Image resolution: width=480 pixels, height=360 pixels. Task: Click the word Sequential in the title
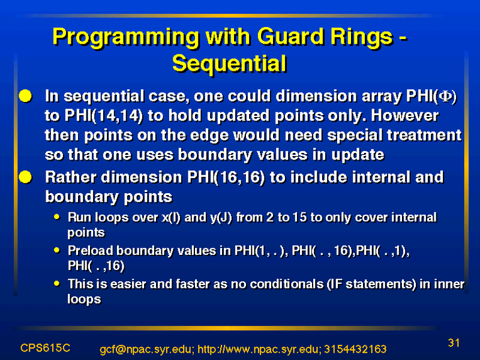(229, 64)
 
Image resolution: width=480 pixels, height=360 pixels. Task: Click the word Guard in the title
(290, 37)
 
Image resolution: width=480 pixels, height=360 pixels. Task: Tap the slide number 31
(454, 343)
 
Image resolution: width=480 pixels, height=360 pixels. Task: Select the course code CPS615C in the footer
(46, 348)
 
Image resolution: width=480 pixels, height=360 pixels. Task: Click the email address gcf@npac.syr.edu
(146, 349)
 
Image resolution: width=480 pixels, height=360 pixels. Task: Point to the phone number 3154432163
(355, 349)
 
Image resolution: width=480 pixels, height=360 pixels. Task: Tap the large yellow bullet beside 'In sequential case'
(25, 96)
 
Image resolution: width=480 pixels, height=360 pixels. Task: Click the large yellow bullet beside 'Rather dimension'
(25, 177)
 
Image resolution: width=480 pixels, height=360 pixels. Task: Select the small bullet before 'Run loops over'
(56, 217)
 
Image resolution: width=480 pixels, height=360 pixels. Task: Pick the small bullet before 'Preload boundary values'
(56, 250)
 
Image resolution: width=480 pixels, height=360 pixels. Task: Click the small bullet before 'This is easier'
(56, 283)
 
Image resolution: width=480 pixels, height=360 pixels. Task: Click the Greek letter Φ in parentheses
(445, 97)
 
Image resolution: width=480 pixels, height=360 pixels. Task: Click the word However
(404, 116)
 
